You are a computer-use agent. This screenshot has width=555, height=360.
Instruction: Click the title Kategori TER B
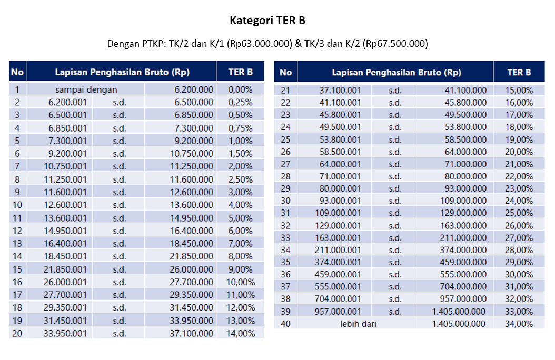pyautogui.click(x=267, y=21)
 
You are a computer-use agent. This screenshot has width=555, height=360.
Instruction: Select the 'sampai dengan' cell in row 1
pyautogui.click(x=86, y=90)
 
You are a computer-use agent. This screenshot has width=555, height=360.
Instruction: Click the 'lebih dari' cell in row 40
pyautogui.click(x=358, y=324)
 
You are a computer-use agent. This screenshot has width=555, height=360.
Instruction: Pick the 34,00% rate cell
pyautogui.click(x=520, y=324)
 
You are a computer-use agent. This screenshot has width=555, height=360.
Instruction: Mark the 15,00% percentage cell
pyautogui.click(x=520, y=90)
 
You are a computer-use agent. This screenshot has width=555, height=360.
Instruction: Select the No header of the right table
pyautogui.click(x=285, y=72)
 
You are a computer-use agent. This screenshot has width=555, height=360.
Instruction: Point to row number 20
pyautogui.click(x=17, y=333)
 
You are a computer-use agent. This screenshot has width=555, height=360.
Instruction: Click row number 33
pyautogui.click(x=285, y=238)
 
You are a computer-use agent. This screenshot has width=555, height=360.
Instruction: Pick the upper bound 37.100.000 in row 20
pyautogui.click(x=191, y=333)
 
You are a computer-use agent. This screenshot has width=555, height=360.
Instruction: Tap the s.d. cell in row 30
pyautogui.click(x=395, y=201)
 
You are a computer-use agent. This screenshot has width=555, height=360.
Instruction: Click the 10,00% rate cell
pyautogui.click(x=240, y=282)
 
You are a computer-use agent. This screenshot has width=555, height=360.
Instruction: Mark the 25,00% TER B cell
pyautogui.click(x=520, y=213)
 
